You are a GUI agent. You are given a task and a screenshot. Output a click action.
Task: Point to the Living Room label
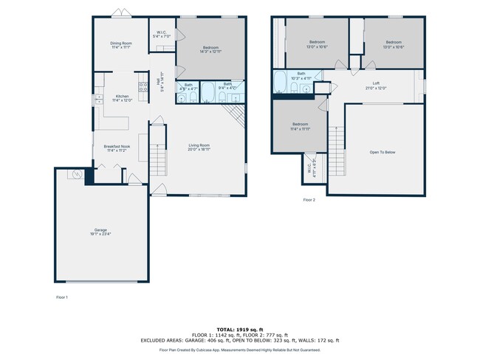click(199, 145)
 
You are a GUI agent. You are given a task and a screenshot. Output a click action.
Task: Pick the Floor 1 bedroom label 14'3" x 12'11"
click(210, 49)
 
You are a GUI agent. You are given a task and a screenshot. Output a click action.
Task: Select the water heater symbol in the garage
click(75, 175)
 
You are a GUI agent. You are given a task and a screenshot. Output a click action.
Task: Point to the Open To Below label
click(383, 152)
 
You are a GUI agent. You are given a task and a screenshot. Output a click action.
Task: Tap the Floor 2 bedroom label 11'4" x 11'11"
click(300, 125)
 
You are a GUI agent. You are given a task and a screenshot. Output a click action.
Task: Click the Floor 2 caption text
click(309, 200)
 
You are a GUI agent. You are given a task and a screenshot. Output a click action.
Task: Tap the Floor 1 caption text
click(62, 297)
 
